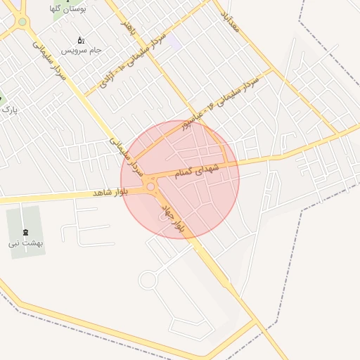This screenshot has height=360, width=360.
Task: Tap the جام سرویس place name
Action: (x=82, y=51)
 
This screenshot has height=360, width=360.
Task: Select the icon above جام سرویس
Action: (x=80, y=40)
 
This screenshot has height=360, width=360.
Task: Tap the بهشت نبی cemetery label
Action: (x=25, y=243)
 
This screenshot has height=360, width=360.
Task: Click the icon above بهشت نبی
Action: (x=26, y=232)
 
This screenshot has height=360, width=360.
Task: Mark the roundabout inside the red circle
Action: (x=150, y=187)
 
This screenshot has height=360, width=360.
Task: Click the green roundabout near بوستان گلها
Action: (x=22, y=22)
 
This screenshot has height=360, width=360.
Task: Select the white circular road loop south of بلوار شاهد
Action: (x=148, y=280)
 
